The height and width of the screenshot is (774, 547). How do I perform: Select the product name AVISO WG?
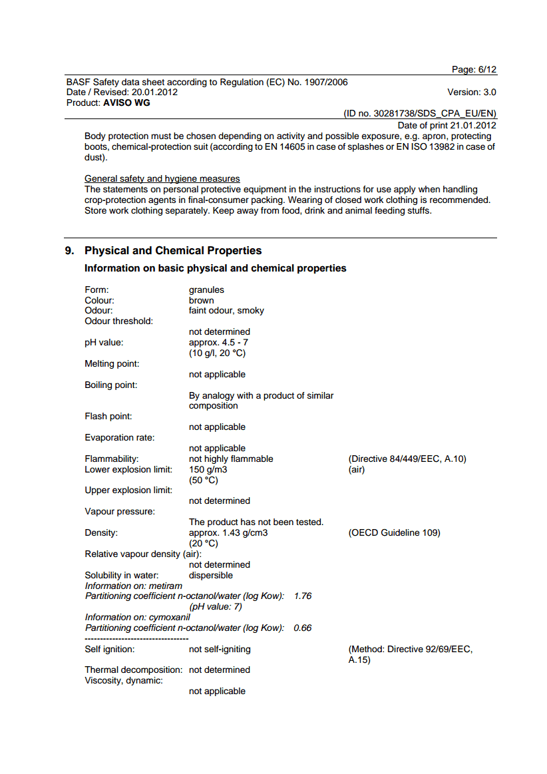pyautogui.click(x=126, y=103)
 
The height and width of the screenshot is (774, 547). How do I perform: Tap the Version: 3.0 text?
pyautogui.click(x=472, y=93)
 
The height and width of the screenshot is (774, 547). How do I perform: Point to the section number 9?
pyautogui.click(x=69, y=251)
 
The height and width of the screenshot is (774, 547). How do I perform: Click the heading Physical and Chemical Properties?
pyautogui.click(x=173, y=251)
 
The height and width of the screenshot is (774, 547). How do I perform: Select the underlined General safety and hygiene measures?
pyautogui.click(x=162, y=179)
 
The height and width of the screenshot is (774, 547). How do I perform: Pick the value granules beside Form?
pyautogui.click(x=206, y=290)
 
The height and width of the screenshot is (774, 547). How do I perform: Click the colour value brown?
pyautogui.click(x=201, y=301)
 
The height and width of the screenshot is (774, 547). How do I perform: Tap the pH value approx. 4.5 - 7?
pyautogui.click(x=218, y=343)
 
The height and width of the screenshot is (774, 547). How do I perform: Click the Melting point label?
pyautogui.click(x=112, y=364)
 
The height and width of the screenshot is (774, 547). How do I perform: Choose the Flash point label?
pyautogui.click(x=108, y=417)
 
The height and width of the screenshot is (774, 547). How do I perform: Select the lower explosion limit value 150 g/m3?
pyautogui.click(x=208, y=469)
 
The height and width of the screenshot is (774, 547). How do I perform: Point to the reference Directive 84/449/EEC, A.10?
pyautogui.click(x=407, y=459)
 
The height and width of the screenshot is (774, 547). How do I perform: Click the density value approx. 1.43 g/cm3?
pyautogui.click(x=228, y=533)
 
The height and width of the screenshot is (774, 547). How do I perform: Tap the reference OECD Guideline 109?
pyautogui.click(x=394, y=533)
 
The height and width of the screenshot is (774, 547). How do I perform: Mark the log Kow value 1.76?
pyautogui.click(x=303, y=596)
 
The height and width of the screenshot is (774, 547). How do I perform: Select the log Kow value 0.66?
pyautogui.click(x=303, y=628)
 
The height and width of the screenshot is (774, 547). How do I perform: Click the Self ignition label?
pyautogui.click(x=109, y=650)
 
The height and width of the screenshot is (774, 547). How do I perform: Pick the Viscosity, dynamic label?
pyautogui.click(x=124, y=681)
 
